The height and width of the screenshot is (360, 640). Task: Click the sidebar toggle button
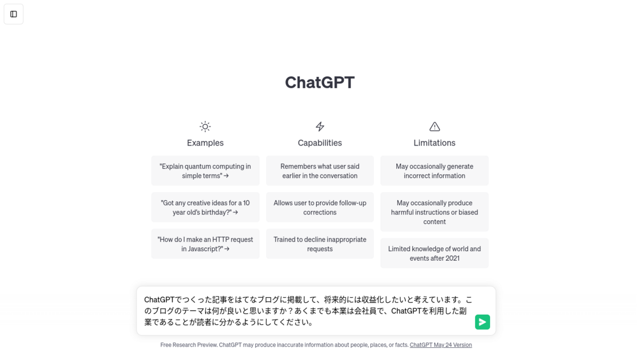point(13,14)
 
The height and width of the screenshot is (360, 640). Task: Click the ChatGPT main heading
point(319,82)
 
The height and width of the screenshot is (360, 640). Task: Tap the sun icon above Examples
point(205,126)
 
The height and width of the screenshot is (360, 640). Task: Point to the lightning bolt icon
point(319,126)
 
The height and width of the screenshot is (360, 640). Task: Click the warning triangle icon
point(435,126)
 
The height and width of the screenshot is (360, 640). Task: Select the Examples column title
point(205,142)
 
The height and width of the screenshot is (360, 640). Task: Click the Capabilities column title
point(319,142)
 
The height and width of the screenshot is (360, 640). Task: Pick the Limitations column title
point(434,142)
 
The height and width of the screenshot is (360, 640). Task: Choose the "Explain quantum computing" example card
point(205,171)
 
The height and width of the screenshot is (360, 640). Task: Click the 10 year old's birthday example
point(205,207)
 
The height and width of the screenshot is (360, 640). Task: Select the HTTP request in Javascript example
point(205,244)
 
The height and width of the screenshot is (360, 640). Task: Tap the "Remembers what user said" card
point(319,171)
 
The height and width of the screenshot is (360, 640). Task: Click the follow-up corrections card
point(319,207)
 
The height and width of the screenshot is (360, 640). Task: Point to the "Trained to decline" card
point(319,244)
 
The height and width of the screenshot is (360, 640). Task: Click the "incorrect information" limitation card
point(434,171)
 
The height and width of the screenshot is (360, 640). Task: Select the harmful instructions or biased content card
point(434,212)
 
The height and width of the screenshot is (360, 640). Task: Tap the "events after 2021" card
point(434,253)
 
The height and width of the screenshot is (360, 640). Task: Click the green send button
point(482,322)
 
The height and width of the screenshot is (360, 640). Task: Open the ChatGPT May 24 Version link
point(441,345)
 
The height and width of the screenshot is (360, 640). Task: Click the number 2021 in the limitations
point(452,258)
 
